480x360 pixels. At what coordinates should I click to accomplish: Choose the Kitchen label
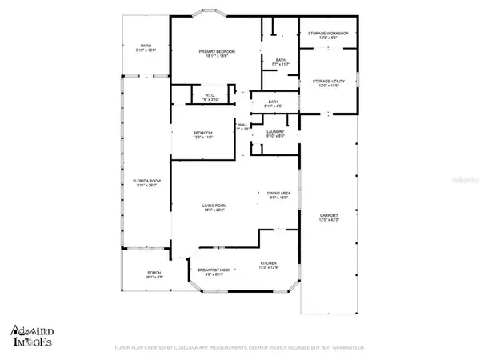coord(268,264)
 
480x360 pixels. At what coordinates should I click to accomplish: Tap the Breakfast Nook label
coord(215,271)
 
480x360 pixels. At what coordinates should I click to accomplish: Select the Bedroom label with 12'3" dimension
coord(202,135)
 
